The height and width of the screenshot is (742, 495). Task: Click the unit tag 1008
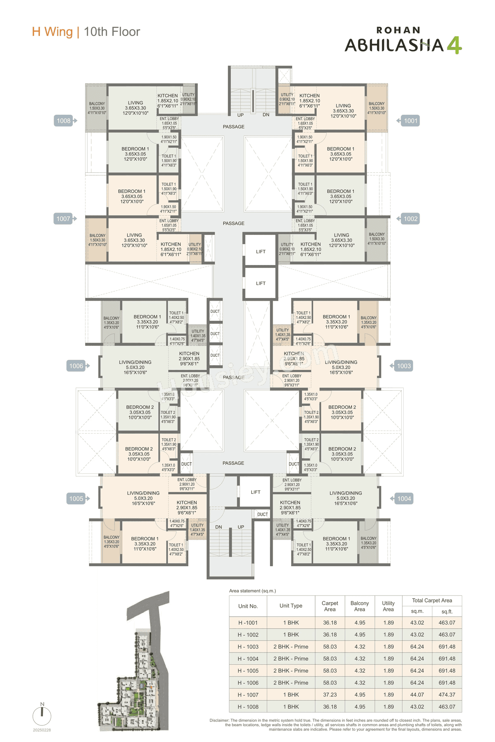point(64,121)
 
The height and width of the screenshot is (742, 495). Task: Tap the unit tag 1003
point(404,366)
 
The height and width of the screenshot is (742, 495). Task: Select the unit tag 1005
point(76,499)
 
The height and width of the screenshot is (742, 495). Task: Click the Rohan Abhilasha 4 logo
point(403,41)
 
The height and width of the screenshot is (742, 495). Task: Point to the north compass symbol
point(42,715)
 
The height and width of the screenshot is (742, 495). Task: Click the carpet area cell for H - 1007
point(330,694)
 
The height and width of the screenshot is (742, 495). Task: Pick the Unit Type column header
point(291,606)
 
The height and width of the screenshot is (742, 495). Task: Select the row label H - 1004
point(248,659)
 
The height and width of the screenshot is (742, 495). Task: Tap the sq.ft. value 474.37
point(447,694)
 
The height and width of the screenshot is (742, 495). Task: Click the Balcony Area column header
point(360,606)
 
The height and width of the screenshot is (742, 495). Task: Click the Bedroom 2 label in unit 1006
point(140,412)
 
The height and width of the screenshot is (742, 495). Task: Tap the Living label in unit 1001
point(343,111)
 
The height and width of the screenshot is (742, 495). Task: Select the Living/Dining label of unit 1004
point(346,498)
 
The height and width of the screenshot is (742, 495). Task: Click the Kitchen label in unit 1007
point(171,249)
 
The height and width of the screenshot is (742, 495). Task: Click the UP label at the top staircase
point(241,115)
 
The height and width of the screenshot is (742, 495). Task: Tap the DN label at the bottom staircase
point(218,527)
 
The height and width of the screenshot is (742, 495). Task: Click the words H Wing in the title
point(52,32)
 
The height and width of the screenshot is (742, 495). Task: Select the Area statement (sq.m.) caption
point(253,591)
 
